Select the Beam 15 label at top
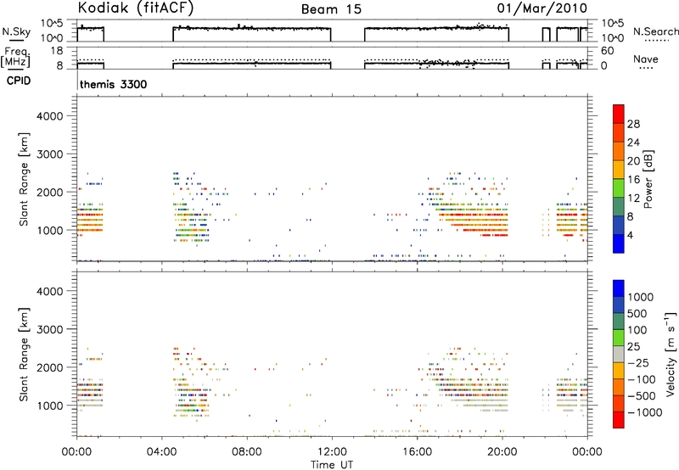[x=331, y=9]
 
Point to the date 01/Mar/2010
[x=542, y=8]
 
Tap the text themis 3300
[x=114, y=84]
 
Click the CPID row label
[x=19, y=81]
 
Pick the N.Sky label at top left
[x=16, y=31]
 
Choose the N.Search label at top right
[x=655, y=31]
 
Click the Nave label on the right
[x=646, y=59]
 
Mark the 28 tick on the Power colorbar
[x=633, y=124]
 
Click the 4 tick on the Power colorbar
[x=630, y=235]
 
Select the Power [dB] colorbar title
[x=648, y=179]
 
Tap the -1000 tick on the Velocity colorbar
[x=645, y=412]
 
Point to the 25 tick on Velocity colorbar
[x=633, y=347]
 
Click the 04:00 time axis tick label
[x=162, y=452]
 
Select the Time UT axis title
[x=332, y=464]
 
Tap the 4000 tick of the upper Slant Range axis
[x=50, y=116]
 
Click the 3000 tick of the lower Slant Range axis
[x=50, y=329]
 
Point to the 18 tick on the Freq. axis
[x=57, y=51]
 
